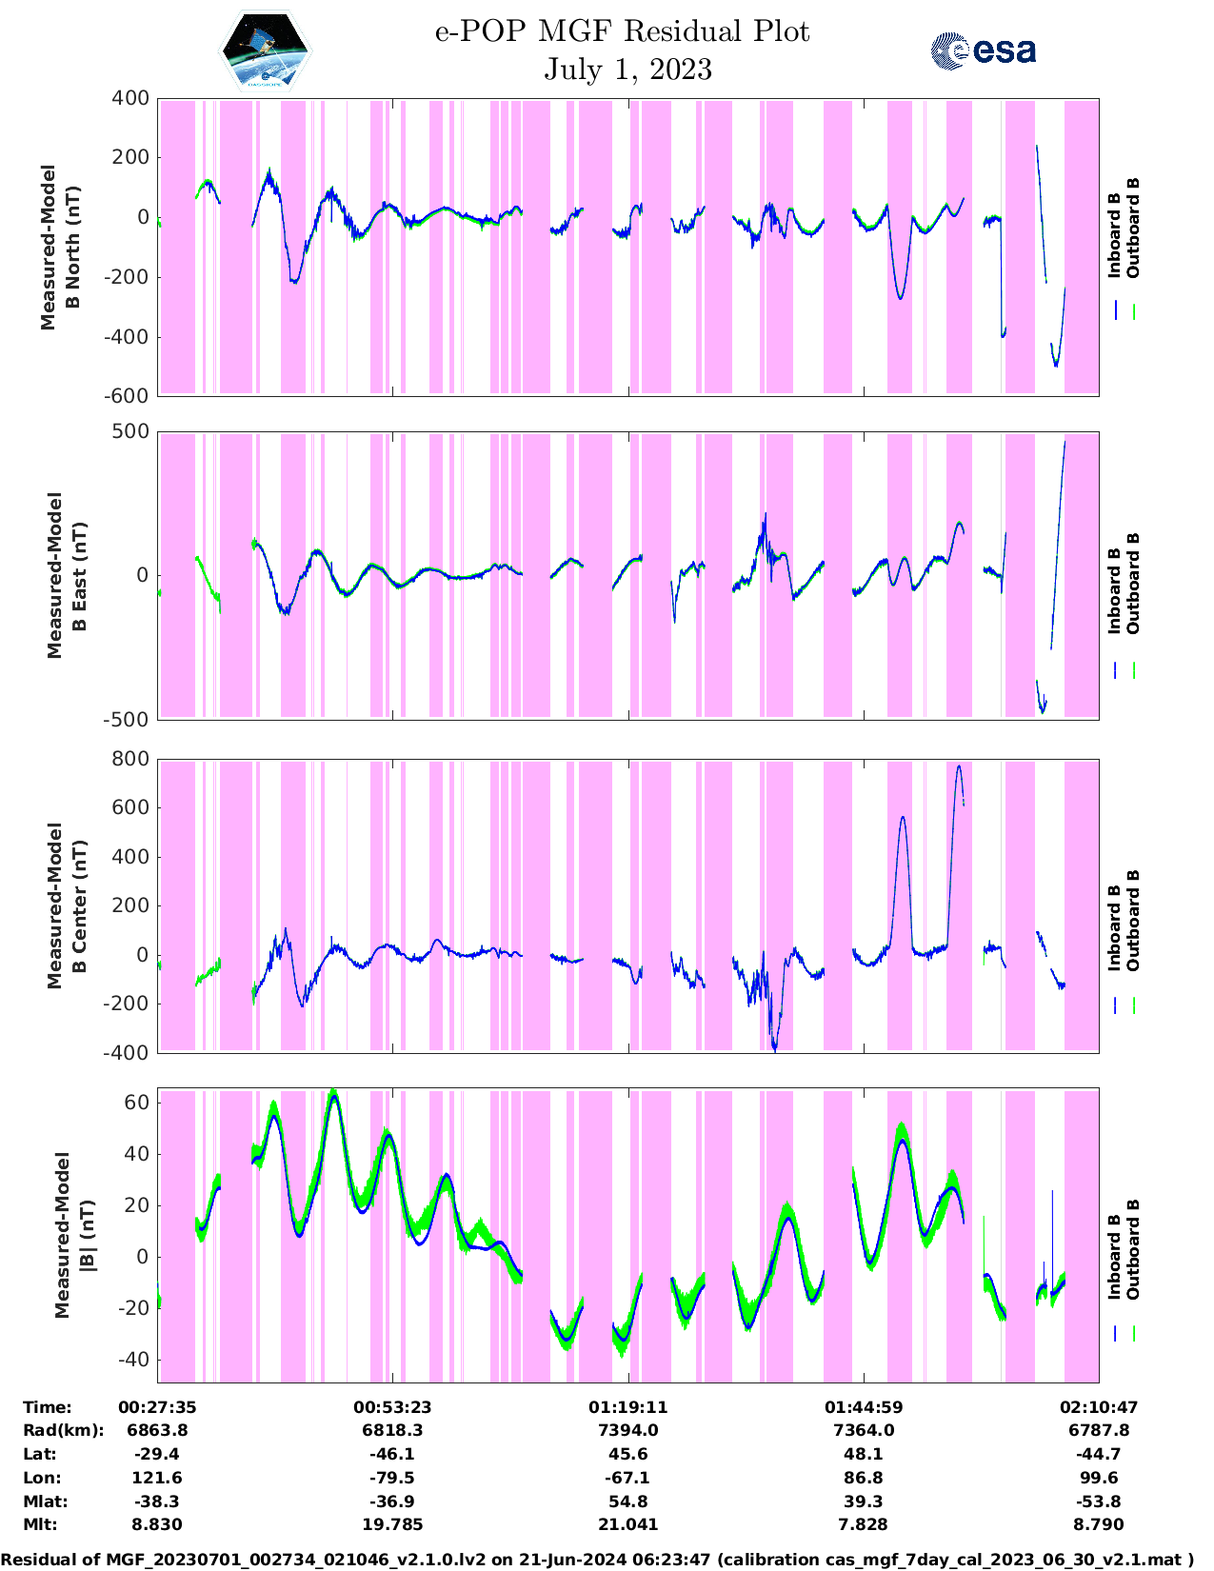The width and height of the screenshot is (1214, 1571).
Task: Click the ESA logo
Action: coord(983,50)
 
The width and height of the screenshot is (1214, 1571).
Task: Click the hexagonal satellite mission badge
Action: coord(265,50)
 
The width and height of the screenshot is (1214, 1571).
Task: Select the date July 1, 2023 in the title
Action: coord(627,70)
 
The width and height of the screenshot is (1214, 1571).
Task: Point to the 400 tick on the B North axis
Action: coord(130,98)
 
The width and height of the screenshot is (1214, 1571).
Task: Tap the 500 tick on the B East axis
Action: coord(130,431)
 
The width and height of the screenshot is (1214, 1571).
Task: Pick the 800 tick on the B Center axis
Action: coord(130,759)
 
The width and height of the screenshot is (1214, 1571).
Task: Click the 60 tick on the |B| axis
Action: coord(136,1103)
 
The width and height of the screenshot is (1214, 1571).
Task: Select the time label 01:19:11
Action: coord(627,1407)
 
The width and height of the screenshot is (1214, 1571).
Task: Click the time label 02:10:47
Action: coord(1099,1407)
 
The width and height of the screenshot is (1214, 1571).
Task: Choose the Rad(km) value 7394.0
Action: coord(627,1430)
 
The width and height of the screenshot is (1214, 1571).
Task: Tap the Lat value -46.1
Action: coord(392,1454)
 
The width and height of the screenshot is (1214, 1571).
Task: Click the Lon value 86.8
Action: coord(863,1478)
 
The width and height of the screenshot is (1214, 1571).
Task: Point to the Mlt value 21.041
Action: coord(627,1524)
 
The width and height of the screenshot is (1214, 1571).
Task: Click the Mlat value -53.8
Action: coord(1099,1501)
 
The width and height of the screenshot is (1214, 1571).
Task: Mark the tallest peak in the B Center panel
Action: coord(959,766)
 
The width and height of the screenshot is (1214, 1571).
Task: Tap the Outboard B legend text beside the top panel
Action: coord(1132,229)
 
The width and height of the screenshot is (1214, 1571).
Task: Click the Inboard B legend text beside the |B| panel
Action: coord(1114,1257)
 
